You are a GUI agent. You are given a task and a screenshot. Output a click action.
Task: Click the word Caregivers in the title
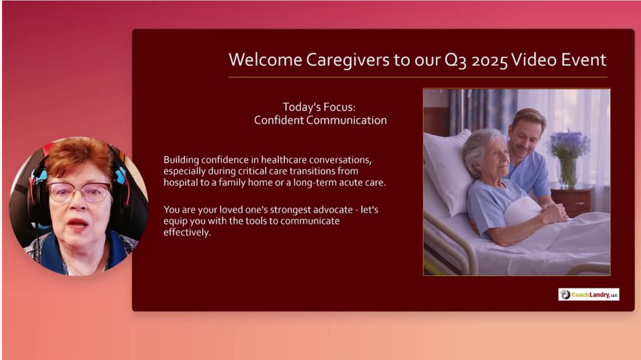tap(348, 60)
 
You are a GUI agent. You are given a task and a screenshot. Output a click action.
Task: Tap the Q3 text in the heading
tap(456, 60)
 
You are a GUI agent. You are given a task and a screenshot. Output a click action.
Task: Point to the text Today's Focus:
tap(319, 107)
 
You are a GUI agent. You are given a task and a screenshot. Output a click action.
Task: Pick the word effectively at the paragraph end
tap(187, 232)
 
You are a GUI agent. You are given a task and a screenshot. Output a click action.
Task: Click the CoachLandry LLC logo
tap(589, 294)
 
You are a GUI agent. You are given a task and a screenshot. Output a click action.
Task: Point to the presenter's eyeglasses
tap(79, 192)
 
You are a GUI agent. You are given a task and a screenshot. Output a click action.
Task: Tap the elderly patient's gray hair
tap(478, 149)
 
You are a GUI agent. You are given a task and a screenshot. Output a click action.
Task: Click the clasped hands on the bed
tap(554, 214)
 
